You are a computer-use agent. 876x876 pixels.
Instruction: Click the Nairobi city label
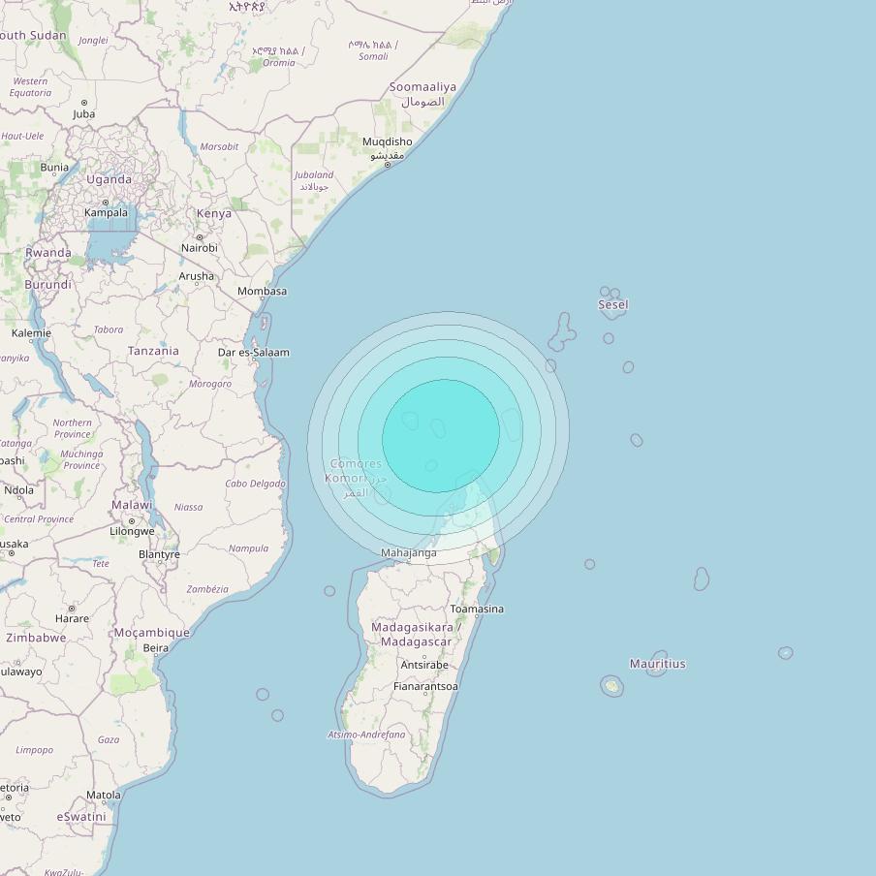pyautogui.click(x=200, y=248)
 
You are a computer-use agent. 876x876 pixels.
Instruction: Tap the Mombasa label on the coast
pyautogui.click(x=263, y=291)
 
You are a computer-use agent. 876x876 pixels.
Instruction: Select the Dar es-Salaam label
pyautogui.click(x=254, y=353)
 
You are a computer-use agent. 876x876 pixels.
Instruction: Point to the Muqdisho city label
pyautogui.click(x=388, y=141)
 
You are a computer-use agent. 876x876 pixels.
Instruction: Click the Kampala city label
pyautogui.click(x=106, y=213)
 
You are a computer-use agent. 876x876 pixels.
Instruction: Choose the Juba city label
pyautogui.click(x=84, y=114)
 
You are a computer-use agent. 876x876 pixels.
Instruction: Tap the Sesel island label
pyautogui.click(x=613, y=304)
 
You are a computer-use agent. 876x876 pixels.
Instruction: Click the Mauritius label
pyautogui.click(x=657, y=664)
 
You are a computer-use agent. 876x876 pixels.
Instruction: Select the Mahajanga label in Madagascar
pyautogui.click(x=409, y=553)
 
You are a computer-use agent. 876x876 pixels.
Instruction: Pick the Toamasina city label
pyautogui.click(x=477, y=610)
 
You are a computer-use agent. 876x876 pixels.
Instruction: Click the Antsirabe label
pyautogui.click(x=424, y=665)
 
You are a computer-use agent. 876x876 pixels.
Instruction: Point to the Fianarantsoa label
pyautogui.click(x=425, y=686)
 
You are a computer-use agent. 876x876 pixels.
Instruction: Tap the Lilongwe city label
pyautogui.click(x=132, y=531)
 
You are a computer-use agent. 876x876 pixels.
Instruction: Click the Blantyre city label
pyautogui.click(x=159, y=555)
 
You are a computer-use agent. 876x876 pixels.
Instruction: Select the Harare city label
pyautogui.click(x=72, y=618)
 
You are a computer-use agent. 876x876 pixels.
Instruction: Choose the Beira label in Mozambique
pyautogui.click(x=155, y=648)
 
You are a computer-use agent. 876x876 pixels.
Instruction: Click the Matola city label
pyautogui.click(x=104, y=795)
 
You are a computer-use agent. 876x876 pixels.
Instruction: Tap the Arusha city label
pyautogui.click(x=197, y=276)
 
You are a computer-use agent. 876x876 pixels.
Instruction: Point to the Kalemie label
pyautogui.click(x=31, y=333)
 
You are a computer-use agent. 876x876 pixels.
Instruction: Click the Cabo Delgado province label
pyautogui.click(x=256, y=484)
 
